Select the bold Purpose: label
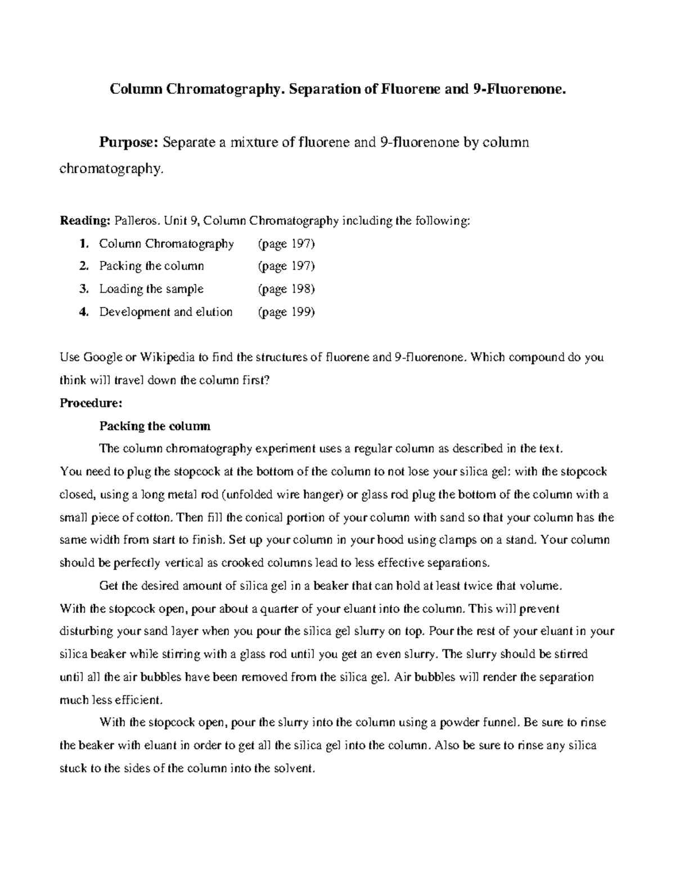pos(129,142)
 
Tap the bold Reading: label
pos(84,221)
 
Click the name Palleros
pos(135,221)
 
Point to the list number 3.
pos(84,289)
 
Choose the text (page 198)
pos(286,289)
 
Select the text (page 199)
pos(286,312)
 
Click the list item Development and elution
pos(165,312)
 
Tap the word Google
pos(103,358)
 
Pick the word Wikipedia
pos(166,358)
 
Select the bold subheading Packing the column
pos(155,426)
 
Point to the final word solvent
pos(292,768)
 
